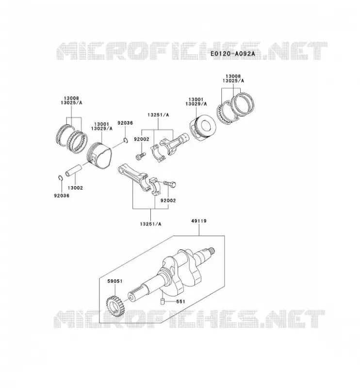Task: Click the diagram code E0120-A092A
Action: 232,53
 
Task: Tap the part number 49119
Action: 198,221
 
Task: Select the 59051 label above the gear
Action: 115,281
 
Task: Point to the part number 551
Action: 181,302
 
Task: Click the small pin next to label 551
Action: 163,302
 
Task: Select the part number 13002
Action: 75,188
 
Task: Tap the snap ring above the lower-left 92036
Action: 60,178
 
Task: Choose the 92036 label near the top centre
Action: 125,123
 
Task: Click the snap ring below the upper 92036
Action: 125,141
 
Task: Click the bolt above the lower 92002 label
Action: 170,184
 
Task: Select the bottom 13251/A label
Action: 150,224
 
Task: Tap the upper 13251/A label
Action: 158,115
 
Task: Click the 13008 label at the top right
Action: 233,76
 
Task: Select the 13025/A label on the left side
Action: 71,102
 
